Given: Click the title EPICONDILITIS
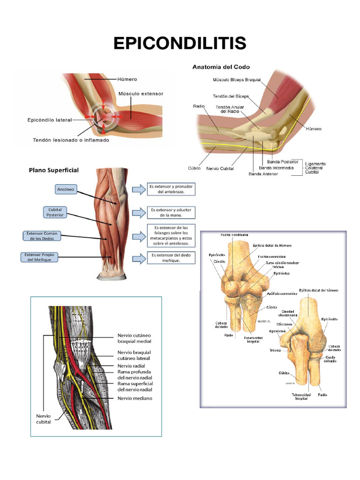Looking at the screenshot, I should tap(180, 43).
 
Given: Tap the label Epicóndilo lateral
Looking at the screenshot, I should tap(49, 120).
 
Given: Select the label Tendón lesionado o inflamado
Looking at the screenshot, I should tap(71, 140).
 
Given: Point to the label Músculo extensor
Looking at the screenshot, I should tap(141, 94).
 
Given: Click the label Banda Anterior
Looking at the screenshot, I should tap(263, 174).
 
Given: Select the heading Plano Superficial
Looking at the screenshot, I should tap(54, 170).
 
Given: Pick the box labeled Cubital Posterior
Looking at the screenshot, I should tap(55, 212).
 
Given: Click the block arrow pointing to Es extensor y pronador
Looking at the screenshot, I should tap(139, 189).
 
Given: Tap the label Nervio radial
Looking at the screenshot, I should tap(131, 366).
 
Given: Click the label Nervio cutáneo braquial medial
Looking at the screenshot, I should tap(134, 338).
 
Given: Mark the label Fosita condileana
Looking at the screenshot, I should tap(235, 235).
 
